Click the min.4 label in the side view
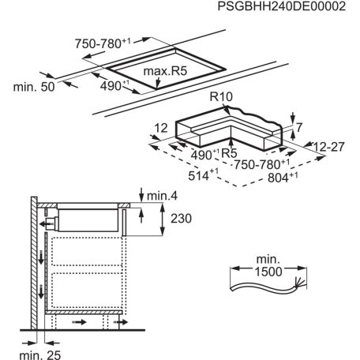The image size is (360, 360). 162,194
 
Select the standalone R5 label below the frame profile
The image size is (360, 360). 230,152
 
